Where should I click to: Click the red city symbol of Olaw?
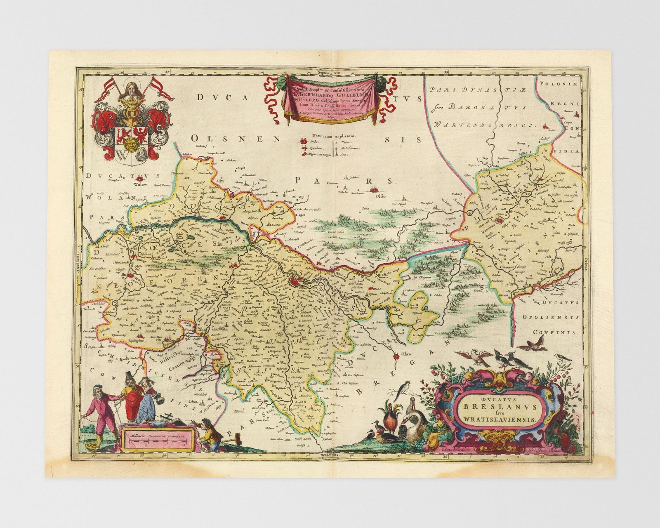click(397, 356)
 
